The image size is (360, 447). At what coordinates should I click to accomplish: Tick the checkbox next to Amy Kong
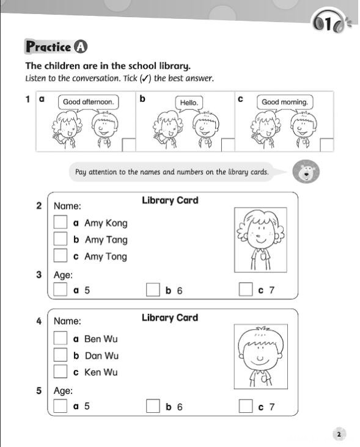point(60,222)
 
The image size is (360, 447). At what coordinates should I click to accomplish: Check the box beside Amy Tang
point(60,239)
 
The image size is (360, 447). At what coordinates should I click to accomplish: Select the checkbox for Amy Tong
point(60,255)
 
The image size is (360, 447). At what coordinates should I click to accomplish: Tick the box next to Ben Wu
point(60,338)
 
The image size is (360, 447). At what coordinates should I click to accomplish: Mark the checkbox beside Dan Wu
point(60,355)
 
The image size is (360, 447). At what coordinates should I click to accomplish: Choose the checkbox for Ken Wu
point(60,371)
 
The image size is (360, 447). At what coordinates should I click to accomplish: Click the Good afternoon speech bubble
point(88,103)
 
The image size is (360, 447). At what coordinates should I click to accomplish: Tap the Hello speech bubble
point(189,103)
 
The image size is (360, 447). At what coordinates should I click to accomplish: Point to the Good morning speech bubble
point(285,103)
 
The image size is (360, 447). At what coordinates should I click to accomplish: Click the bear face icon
point(306,172)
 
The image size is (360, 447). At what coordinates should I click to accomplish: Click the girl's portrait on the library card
point(260,240)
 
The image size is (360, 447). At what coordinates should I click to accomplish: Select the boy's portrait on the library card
point(261,357)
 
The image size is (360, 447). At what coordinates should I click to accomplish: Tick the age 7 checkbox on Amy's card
point(246,289)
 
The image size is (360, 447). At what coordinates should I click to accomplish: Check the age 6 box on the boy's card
point(153,405)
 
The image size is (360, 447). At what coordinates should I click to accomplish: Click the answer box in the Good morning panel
point(326,145)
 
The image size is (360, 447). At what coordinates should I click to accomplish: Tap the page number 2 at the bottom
point(339,434)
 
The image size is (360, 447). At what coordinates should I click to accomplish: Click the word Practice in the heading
point(48,47)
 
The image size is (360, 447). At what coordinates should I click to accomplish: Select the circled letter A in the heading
point(81,47)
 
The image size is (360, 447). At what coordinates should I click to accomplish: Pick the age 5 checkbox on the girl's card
point(60,289)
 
